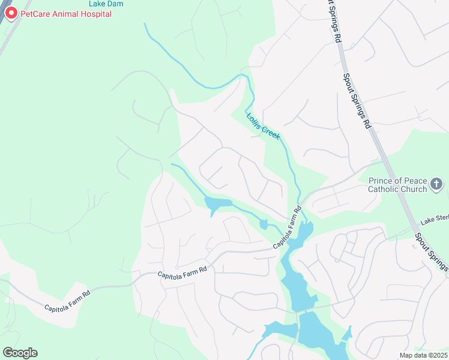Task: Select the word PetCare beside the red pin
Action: click(35, 14)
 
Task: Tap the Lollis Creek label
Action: click(263, 127)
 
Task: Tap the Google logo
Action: click(20, 352)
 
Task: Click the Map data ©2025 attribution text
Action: click(423, 355)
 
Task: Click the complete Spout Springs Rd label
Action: click(357, 101)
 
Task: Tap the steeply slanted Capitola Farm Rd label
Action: click(288, 228)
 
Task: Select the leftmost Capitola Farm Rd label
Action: click(67, 300)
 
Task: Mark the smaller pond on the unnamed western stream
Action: click(263, 224)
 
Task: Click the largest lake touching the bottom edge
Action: click(321, 336)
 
